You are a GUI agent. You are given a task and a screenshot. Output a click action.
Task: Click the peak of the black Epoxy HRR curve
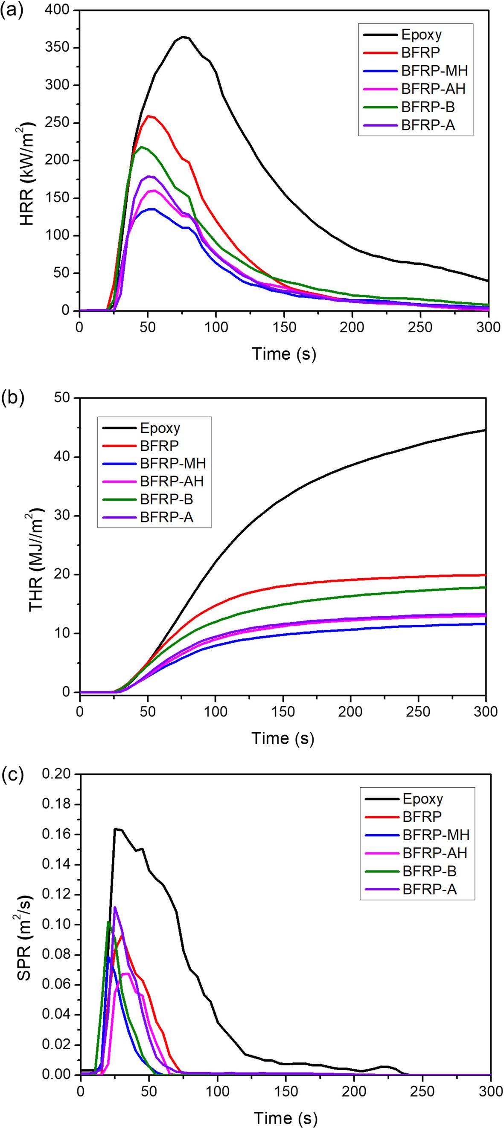click(x=183, y=37)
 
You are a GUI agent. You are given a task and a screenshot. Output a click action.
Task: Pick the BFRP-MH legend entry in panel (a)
click(x=434, y=70)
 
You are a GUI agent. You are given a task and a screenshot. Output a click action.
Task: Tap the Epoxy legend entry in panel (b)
click(x=160, y=428)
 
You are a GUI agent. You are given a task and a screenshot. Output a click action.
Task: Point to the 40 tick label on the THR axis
click(x=63, y=457)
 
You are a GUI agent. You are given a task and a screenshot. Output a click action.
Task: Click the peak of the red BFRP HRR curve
click(x=149, y=116)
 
